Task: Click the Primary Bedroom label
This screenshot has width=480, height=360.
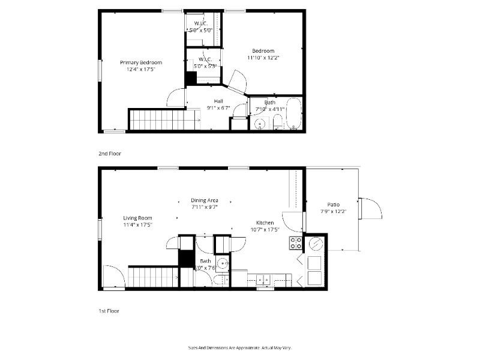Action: pos(141,62)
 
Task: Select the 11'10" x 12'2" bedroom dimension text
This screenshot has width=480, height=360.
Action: pos(263,58)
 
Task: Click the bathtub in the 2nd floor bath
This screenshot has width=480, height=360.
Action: pos(294,114)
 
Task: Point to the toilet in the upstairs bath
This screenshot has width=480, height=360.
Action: pos(278,123)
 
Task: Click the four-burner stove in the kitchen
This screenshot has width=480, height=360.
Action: pos(296,243)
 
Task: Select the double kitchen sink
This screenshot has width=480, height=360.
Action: pos(263,280)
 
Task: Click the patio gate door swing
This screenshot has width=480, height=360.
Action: pos(370,209)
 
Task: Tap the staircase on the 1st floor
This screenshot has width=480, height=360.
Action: pos(154,277)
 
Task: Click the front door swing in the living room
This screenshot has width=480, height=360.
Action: pos(113,277)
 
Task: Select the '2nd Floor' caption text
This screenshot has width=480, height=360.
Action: pos(110,154)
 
